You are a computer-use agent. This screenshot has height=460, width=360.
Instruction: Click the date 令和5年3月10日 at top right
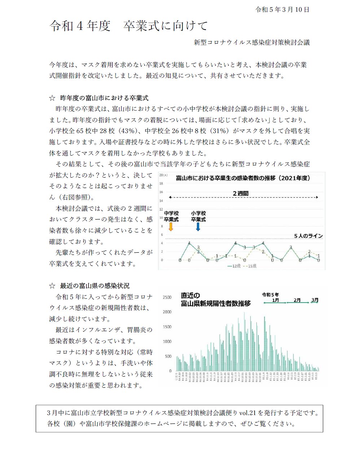coord(282,10)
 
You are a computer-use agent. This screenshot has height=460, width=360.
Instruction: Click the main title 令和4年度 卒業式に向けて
coord(129,26)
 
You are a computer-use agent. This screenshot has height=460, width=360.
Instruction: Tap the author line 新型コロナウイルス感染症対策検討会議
coord(252,42)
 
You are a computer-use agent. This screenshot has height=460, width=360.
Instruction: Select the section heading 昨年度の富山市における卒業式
coord(104,98)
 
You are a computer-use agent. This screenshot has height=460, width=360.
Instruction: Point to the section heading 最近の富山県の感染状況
coord(95,286)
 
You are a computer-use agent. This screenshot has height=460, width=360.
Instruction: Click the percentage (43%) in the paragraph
coord(128,131)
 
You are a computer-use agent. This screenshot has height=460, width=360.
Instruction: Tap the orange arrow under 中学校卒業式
coord(171,227)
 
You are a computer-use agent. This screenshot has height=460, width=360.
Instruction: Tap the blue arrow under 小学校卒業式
coord(198,227)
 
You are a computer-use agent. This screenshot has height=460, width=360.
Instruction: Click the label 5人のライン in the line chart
coord(308,236)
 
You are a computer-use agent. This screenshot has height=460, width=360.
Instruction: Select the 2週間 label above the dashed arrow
coord(241,193)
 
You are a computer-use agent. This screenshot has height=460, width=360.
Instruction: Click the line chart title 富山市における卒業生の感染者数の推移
coord(243,178)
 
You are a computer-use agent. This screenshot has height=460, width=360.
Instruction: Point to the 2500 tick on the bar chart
coord(167,297)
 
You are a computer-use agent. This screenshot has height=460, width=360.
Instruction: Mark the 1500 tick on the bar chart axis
coord(167,327)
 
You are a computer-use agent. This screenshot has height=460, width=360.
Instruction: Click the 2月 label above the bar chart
coord(297,300)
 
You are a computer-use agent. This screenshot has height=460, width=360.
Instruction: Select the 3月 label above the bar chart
coord(315,300)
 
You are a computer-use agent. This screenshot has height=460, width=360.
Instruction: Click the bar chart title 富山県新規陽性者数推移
coord(216,304)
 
